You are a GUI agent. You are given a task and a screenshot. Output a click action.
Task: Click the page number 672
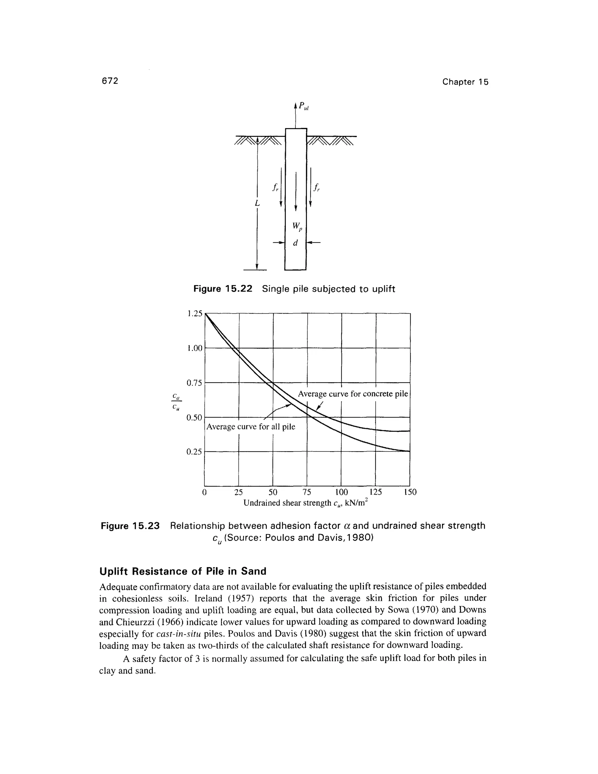pos(109,81)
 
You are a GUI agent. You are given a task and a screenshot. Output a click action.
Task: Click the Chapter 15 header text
pos(465,82)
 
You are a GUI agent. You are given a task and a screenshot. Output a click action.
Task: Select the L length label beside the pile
pos(257,203)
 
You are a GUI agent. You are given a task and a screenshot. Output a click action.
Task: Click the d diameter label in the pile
pos(295,243)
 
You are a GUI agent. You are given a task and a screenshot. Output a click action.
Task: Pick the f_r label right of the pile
pos(316,188)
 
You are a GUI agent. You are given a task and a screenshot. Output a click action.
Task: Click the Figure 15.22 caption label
pos(222,289)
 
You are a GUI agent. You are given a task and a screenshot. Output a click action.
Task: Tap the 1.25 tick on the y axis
pos(194,313)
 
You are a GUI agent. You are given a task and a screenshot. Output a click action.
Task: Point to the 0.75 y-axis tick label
pos(194,383)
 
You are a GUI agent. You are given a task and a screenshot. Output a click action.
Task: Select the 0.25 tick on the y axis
pos(194,452)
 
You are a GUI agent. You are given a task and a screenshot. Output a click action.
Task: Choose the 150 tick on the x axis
pos(410,492)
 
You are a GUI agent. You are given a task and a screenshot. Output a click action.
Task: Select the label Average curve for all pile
pos(251,427)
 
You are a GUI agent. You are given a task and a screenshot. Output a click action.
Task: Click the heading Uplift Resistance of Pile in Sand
pos(183,571)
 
